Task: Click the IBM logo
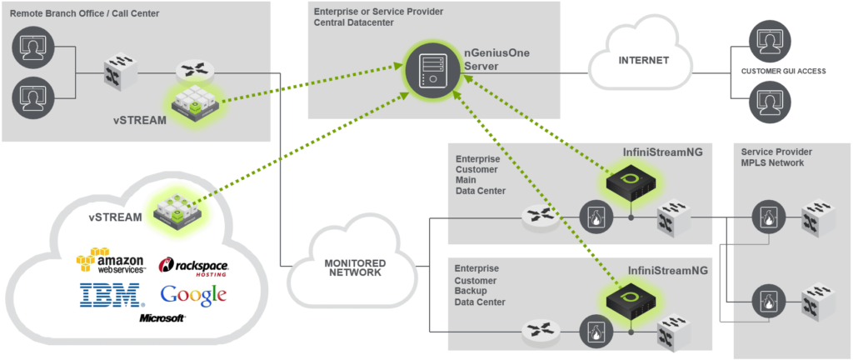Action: (x=109, y=295)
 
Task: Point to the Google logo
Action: (x=193, y=295)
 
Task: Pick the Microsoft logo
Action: (x=162, y=318)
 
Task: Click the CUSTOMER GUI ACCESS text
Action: (x=783, y=72)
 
